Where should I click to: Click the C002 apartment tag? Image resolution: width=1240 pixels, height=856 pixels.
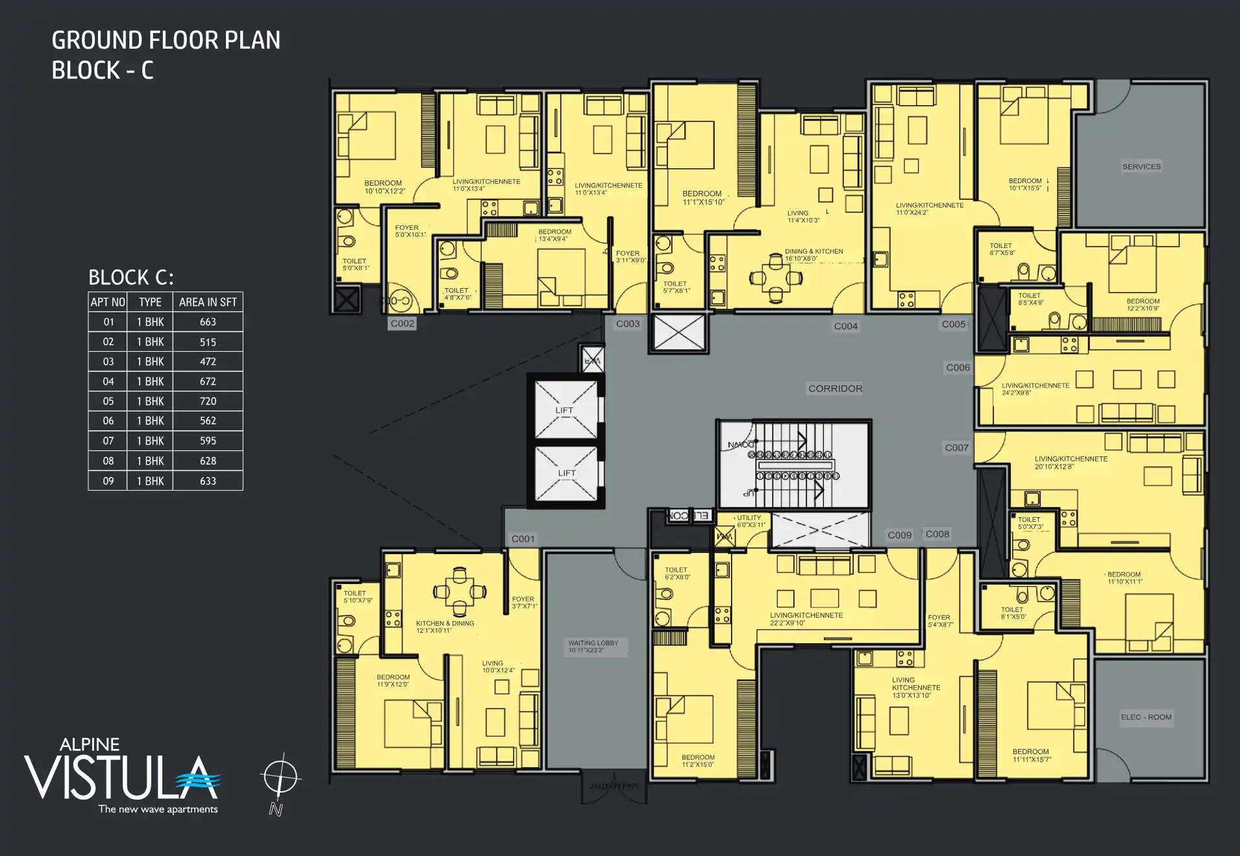(403, 323)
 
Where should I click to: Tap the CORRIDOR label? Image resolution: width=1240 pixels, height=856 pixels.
(836, 388)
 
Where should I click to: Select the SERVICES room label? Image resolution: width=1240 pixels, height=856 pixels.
(1141, 167)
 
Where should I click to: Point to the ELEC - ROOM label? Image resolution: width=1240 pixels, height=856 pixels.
(1146, 717)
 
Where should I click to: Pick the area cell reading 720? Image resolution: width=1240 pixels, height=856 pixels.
(208, 401)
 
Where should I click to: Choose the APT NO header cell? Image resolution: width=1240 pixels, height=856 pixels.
(108, 302)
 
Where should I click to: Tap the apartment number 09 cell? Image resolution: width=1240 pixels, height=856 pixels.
(108, 481)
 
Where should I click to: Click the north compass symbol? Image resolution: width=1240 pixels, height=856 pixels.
(280, 777)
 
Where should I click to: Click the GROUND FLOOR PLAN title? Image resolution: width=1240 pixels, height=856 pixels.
(166, 40)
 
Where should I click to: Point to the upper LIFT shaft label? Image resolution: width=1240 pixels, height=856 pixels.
(564, 410)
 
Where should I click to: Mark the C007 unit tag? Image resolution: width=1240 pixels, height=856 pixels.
(956, 448)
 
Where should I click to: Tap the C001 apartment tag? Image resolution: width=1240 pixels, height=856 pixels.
(523, 539)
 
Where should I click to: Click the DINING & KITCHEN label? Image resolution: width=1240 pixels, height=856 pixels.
(813, 251)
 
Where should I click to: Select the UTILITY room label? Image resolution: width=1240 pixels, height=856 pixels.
(749, 518)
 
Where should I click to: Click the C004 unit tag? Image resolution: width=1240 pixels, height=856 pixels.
(845, 326)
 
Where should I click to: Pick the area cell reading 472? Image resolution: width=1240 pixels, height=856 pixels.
(208, 361)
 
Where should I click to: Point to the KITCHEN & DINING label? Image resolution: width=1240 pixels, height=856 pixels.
(445, 623)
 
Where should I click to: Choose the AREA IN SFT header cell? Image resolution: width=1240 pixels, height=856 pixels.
(208, 302)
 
